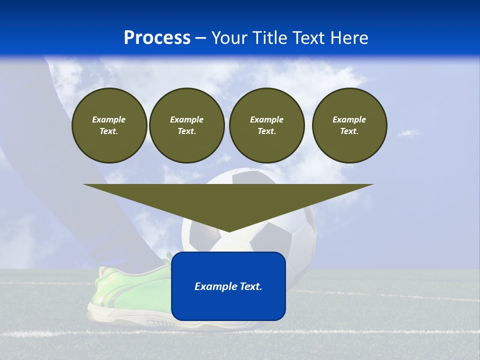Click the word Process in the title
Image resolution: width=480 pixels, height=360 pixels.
tap(157, 38)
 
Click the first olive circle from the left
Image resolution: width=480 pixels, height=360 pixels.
tap(109, 125)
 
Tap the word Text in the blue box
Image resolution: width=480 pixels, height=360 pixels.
tap(250, 286)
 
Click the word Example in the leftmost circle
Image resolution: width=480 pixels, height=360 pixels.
tap(109, 119)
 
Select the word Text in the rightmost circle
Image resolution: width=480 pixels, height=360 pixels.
tap(349, 131)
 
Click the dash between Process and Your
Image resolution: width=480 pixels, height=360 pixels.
tap(200, 38)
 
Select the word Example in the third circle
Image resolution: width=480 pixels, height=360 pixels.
tap(266, 119)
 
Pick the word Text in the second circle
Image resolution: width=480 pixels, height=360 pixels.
tap(186, 131)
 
